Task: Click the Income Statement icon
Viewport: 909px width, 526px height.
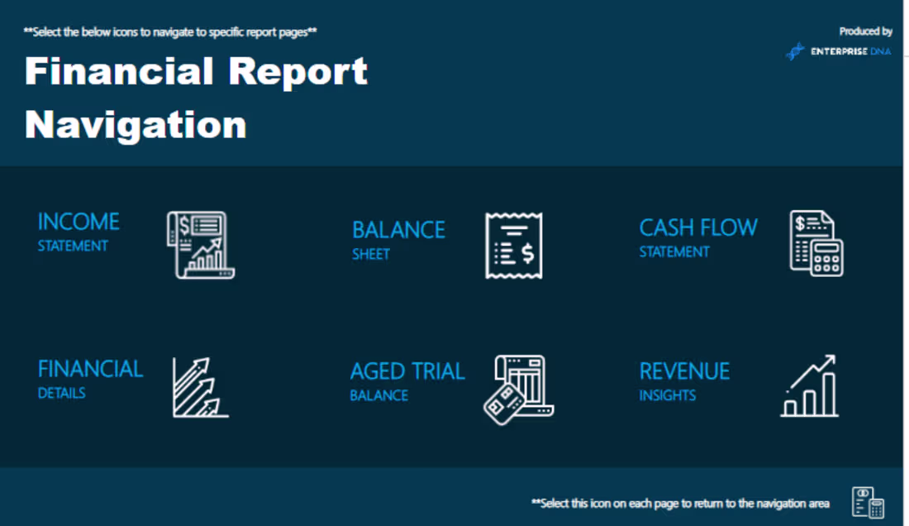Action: pos(200,245)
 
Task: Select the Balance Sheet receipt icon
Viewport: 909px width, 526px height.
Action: pos(513,246)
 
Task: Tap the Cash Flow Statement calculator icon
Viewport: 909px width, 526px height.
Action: pos(816,243)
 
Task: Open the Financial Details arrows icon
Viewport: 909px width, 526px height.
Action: pos(200,387)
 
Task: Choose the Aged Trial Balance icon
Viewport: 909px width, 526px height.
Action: pos(518,390)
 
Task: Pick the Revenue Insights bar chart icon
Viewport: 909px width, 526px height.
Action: pos(810,386)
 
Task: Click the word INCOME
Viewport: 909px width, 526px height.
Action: pos(79,222)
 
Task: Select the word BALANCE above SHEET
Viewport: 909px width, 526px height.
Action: pos(398,230)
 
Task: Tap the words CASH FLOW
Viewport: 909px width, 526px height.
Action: pos(698,227)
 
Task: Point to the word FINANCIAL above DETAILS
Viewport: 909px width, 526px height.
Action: pos(90,369)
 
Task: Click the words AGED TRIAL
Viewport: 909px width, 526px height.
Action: pos(407,371)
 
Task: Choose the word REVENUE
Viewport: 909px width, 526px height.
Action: pos(684,371)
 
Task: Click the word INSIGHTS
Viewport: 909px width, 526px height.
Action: pos(667,395)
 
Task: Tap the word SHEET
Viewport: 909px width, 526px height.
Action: pos(370,254)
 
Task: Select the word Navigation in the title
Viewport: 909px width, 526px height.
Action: pos(136,125)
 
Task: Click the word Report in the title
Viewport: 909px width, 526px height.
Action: pos(297,72)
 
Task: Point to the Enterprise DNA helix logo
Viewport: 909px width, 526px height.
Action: pos(795,51)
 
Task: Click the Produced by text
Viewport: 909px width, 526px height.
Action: pos(865,31)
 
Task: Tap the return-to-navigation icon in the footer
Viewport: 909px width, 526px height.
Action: pos(868,502)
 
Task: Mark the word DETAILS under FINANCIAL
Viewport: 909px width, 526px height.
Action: pos(61,393)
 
